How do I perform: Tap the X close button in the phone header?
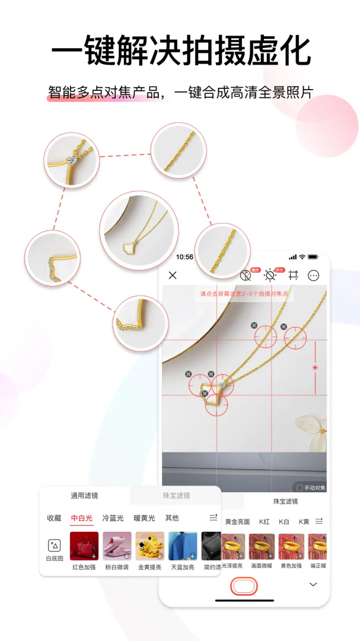(173, 275)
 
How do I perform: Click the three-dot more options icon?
(314, 275)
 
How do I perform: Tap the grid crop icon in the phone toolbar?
(293, 275)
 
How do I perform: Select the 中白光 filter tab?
(82, 518)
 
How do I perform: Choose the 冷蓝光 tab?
(113, 518)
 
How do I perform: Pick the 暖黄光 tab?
(144, 518)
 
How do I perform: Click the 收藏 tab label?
(54, 518)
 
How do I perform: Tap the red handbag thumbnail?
(84, 546)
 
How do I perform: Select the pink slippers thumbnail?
(117, 546)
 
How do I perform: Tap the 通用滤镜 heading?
(85, 496)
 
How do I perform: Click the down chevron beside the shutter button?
(313, 585)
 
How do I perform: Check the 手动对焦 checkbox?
(300, 488)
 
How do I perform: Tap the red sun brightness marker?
(315, 368)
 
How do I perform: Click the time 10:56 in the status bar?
(184, 257)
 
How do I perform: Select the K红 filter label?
(265, 522)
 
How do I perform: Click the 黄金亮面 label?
(237, 522)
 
